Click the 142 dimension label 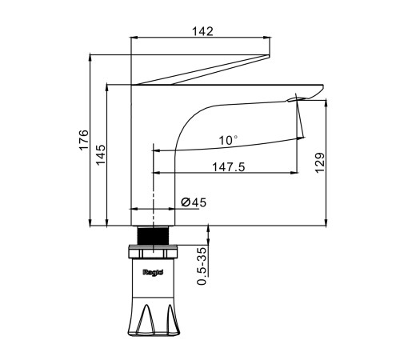point(202,31)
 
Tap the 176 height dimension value point(83,140)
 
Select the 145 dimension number point(101,155)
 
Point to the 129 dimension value point(320,163)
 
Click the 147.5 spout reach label point(228,167)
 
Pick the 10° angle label point(228,140)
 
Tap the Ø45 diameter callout point(194,202)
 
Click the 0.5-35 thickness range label point(202,266)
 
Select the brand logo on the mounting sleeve point(153,272)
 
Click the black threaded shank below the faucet point(153,235)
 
